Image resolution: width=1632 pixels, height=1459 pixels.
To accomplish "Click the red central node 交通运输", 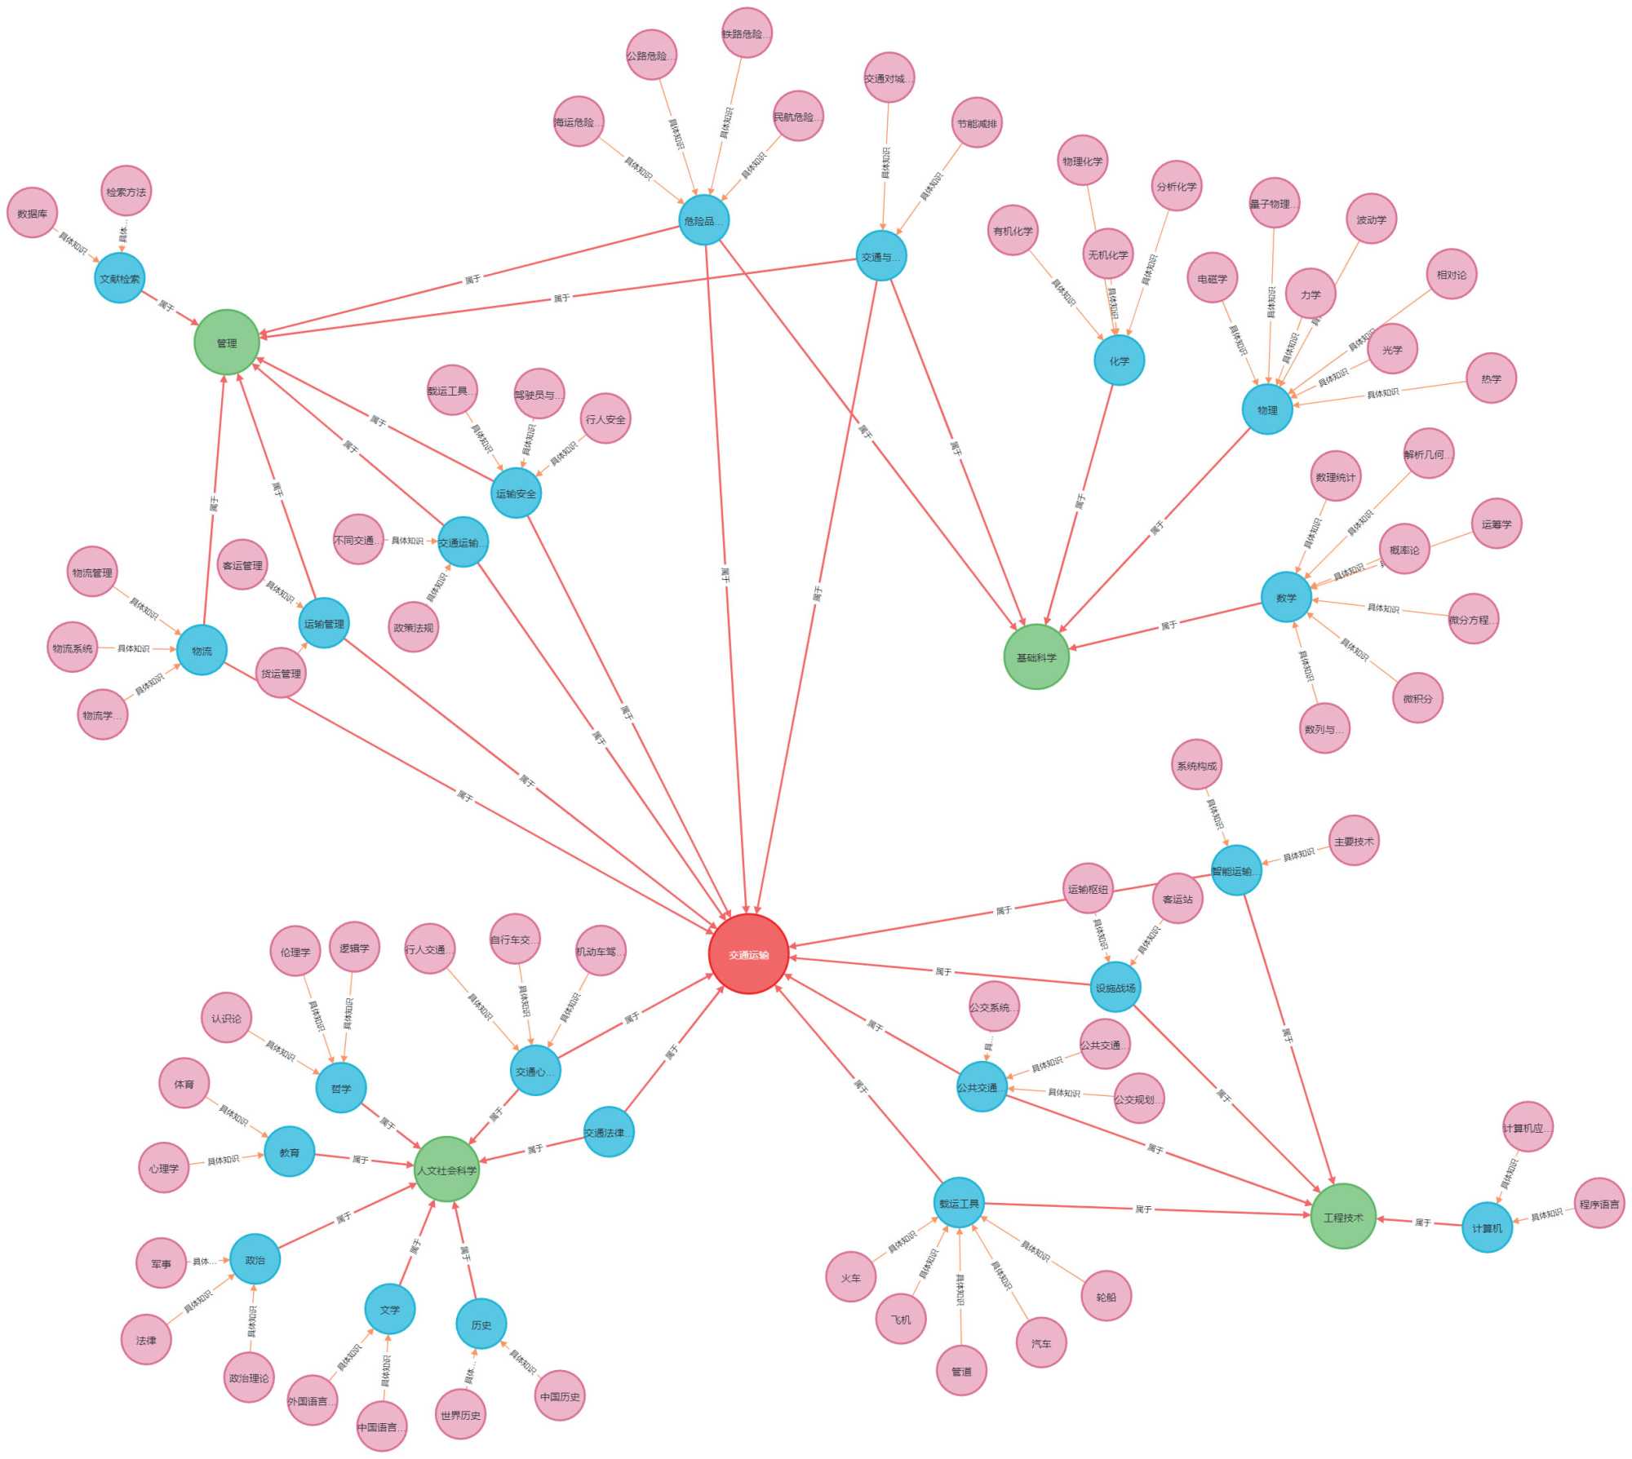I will pyautogui.click(x=748, y=954).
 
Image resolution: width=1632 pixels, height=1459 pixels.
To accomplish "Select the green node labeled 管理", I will pyautogui.click(x=227, y=343).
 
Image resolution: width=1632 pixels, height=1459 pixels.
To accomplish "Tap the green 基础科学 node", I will pyautogui.click(x=1036, y=657).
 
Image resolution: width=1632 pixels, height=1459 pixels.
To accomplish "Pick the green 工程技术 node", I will pyautogui.click(x=1343, y=1217).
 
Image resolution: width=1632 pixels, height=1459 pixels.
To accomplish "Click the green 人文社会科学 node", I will pyautogui.click(x=446, y=1169).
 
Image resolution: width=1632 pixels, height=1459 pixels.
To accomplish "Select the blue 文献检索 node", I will pyautogui.click(x=120, y=278).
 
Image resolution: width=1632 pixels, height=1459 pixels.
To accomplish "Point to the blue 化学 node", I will pyautogui.click(x=1119, y=360).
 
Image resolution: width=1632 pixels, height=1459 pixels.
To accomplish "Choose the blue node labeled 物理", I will pyautogui.click(x=1267, y=409).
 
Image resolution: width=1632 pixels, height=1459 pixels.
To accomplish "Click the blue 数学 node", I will pyautogui.click(x=1286, y=597).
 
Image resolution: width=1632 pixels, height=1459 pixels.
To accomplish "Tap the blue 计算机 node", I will pyautogui.click(x=1487, y=1227).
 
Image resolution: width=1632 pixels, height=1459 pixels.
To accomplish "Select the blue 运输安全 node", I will pyautogui.click(x=516, y=493).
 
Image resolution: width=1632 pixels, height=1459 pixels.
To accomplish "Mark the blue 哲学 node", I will pyautogui.click(x=341, y=1088).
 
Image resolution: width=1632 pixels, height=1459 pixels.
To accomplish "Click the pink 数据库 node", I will pyautogui.click(x=33, y=213).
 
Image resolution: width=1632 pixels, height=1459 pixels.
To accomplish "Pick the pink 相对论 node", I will pyautogui.click(x=1451, y=274).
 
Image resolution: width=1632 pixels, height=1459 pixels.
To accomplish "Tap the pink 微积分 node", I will pyautogui.click(x=1417, y=698).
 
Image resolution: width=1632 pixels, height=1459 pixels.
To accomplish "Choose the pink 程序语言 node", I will pyautogui.click(x=1599, y=1203).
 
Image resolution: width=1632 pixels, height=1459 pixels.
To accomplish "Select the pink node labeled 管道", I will pyautogui.click(x=961, y=1371).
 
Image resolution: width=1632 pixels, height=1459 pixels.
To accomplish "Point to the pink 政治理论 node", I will pyautogui.click(x=249, y=1377).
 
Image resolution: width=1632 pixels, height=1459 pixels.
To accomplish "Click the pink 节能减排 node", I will pyautogui.click(x=977, y=123).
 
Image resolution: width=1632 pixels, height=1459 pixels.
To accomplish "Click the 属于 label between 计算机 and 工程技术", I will pyautogui.click(x=1422, y=1222).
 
